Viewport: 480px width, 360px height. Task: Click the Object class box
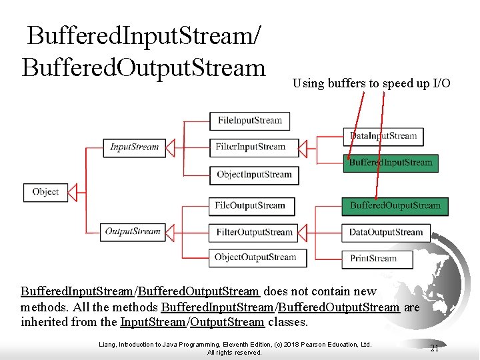coord(45,192)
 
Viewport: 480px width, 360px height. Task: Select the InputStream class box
coord(134,147)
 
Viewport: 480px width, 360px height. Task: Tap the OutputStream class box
coord(133,232)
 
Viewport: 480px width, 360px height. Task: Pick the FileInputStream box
coord(250,121)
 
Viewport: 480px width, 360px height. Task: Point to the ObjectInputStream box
coord(254,175)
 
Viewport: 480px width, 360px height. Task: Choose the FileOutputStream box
coord(250,205)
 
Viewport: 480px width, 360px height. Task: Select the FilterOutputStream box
coord(254,232)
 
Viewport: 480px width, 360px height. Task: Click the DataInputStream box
coord(383,136)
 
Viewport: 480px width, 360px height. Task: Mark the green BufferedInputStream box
coord(391,163)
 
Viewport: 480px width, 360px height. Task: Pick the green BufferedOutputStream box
coord(395,206)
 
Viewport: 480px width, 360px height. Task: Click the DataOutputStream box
coord(386,233)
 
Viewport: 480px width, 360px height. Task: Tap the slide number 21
coord(434,348)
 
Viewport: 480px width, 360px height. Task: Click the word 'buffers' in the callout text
coord(345,83)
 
